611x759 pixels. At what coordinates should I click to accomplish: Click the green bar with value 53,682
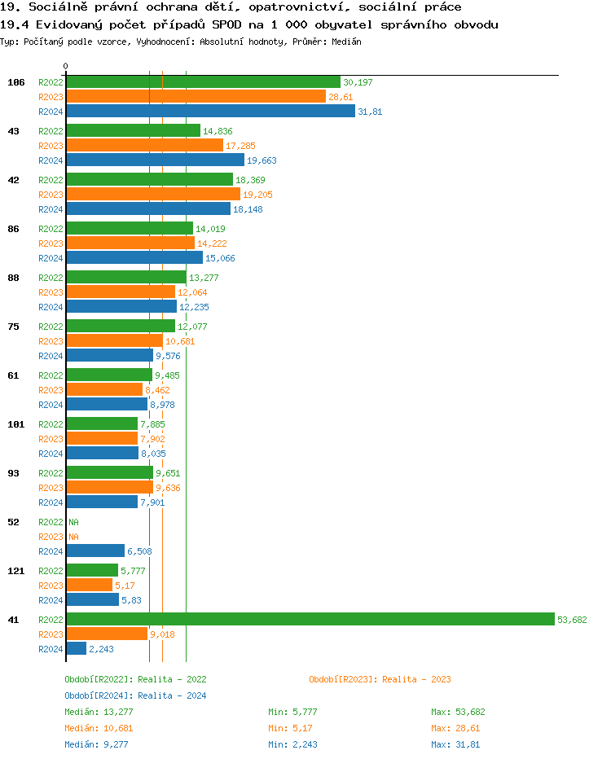(310, 619)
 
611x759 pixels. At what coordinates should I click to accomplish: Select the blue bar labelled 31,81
(210, 111)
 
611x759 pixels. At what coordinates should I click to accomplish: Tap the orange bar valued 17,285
(144, 145)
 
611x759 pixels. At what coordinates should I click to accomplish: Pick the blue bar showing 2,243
(76, 648)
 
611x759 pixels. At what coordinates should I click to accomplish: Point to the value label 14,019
(210, 229)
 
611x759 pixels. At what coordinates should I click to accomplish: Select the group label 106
(15, 82)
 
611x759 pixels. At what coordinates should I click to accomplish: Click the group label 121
(15, 571)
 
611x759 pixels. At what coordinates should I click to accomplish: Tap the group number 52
(13, 522)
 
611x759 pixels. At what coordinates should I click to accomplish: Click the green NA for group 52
(73, 522)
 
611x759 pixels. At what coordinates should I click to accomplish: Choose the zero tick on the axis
(65, 66)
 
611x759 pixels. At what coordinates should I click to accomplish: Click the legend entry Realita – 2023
(380, 679)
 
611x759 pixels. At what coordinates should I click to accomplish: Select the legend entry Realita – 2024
(135, 695)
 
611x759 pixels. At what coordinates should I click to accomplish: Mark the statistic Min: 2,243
(292, 744)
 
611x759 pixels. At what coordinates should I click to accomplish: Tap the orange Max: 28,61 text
(455, 727)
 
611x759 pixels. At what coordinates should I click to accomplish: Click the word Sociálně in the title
(55, 7)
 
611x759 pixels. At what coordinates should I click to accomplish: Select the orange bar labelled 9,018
(106, 634)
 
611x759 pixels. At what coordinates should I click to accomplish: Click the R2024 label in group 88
(51, 307)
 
